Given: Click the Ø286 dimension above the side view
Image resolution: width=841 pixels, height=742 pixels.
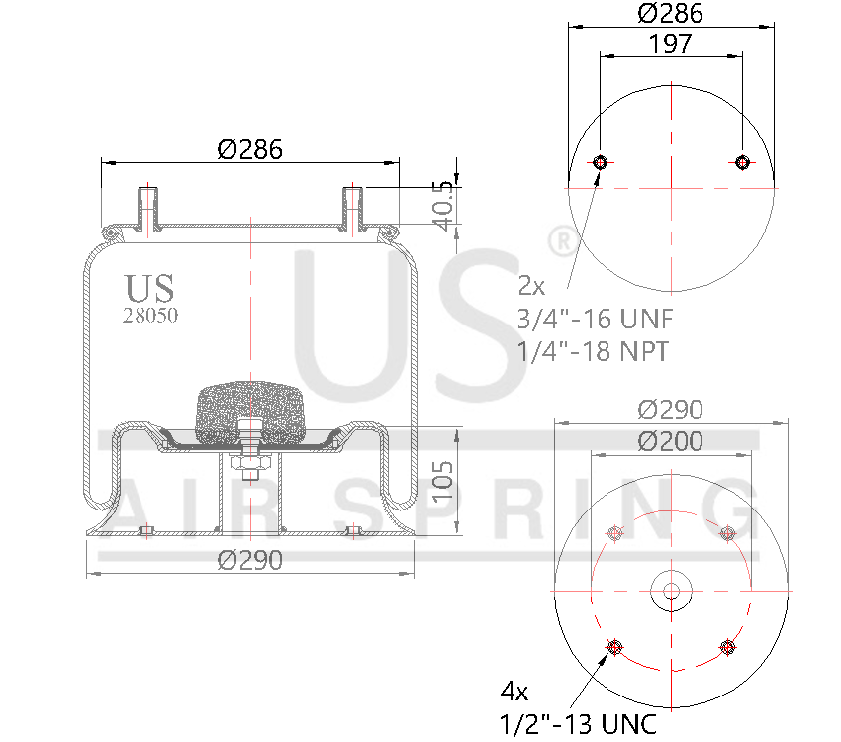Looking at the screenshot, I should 249,149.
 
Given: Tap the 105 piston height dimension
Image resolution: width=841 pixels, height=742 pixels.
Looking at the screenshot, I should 446,482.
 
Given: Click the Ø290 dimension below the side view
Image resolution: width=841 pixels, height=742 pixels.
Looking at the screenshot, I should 249,560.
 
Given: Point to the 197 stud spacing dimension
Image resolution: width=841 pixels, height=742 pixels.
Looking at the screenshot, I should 670,44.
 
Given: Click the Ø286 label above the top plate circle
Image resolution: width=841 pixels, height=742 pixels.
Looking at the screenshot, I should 670,14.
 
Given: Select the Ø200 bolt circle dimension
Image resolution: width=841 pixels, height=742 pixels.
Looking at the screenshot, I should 670,441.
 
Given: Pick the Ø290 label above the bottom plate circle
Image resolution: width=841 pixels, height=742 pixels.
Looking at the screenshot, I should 670,410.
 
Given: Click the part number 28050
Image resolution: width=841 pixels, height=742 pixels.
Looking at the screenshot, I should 150,316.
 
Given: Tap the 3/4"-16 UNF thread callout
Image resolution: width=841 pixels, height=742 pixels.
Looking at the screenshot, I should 593,319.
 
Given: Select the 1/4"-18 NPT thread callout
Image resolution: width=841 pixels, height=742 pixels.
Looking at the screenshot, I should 593,350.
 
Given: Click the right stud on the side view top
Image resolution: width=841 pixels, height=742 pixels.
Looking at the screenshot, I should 353,207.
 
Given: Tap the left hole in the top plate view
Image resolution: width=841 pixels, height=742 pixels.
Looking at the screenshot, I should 600,163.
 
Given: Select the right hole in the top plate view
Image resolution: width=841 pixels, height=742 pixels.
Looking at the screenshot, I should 742,163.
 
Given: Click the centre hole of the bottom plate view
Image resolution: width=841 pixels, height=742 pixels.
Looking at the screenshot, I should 671,591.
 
